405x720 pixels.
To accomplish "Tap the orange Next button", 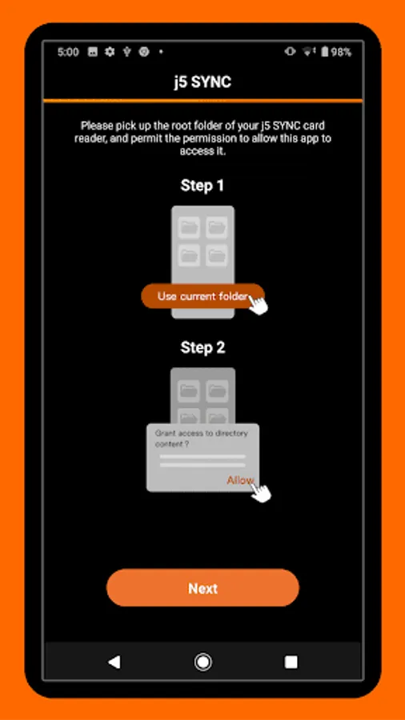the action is coord(202,588).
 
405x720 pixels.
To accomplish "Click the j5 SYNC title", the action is coord(202,82).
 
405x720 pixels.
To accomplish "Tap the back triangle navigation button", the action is coord(114,662).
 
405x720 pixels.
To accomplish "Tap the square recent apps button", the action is coord(291,662).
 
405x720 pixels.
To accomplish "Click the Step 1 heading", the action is coord(202,186).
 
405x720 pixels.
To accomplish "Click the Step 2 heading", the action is coord(202,348).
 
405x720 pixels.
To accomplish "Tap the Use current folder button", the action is coord(202,296).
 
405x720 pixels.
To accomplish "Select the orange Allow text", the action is coord(240,480).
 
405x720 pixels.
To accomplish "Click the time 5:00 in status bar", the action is coord(68,52).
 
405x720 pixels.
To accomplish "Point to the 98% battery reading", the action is coord(341,52).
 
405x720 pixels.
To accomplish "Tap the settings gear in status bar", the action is coord(110,52).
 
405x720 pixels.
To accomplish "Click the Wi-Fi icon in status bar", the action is coord(307,52).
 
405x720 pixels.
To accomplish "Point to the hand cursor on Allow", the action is coord(261,490).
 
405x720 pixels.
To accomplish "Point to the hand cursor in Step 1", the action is coord(258,304).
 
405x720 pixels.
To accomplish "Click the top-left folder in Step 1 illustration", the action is coord(189,227).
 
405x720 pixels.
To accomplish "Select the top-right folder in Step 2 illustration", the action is coord(217,391).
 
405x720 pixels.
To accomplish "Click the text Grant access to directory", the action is coord(202,433).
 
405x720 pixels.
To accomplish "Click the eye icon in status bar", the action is coord(290,51).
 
